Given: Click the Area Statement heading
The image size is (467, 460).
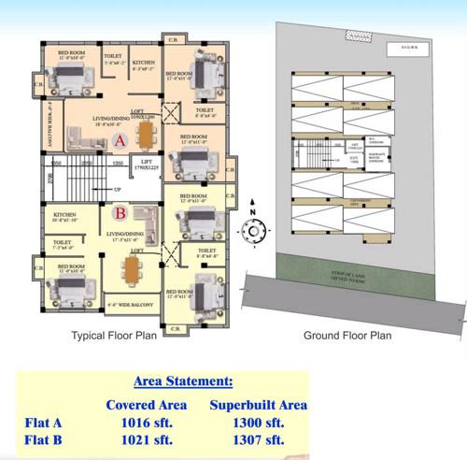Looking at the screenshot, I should coord(183,381).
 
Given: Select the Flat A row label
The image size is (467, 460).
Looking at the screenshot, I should coord(47,422).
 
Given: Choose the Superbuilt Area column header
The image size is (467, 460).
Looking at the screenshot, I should coord(259,405).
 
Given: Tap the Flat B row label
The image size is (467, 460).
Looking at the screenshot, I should coord(47,439).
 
